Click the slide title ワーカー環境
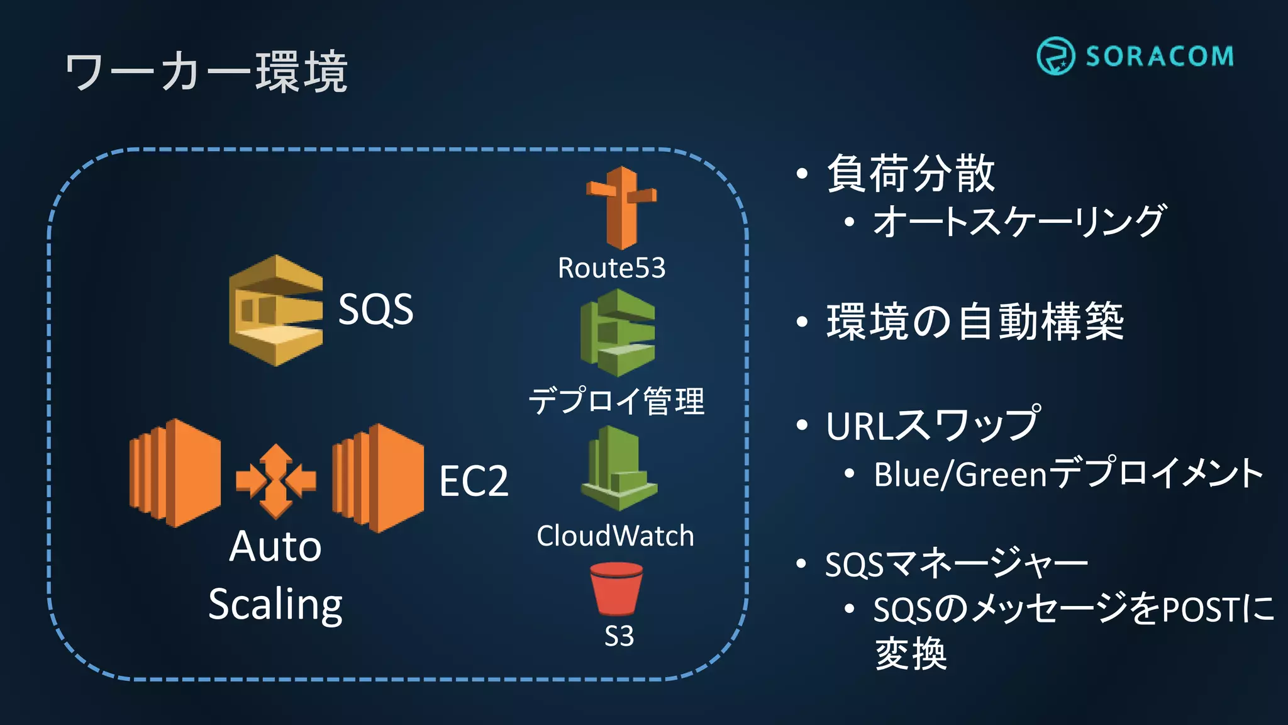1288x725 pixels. coord(206,71)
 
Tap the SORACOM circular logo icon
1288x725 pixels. coord(1055,56)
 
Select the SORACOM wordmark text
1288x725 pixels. coord(1159,57)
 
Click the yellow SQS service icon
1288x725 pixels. coord(276,310)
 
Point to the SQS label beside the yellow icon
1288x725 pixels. coord(375,309)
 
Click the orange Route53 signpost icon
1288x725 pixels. coord(621,207)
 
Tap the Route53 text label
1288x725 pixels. coord(611,268)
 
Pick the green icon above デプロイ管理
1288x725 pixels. coord(618,333)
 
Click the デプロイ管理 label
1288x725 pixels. coord(616,401)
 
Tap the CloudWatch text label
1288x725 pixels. coord(615,536)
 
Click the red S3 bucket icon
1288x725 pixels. coord(616,588)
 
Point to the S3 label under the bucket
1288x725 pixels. coord(619,636)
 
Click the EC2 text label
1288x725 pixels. coord(474,481)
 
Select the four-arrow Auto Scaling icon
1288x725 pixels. coord(275,481)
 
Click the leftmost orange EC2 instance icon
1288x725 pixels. coord(175,473)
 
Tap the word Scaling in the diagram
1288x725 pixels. coord(275,605)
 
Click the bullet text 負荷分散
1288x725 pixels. coord(911,173)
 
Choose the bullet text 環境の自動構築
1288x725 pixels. coord(975,322)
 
